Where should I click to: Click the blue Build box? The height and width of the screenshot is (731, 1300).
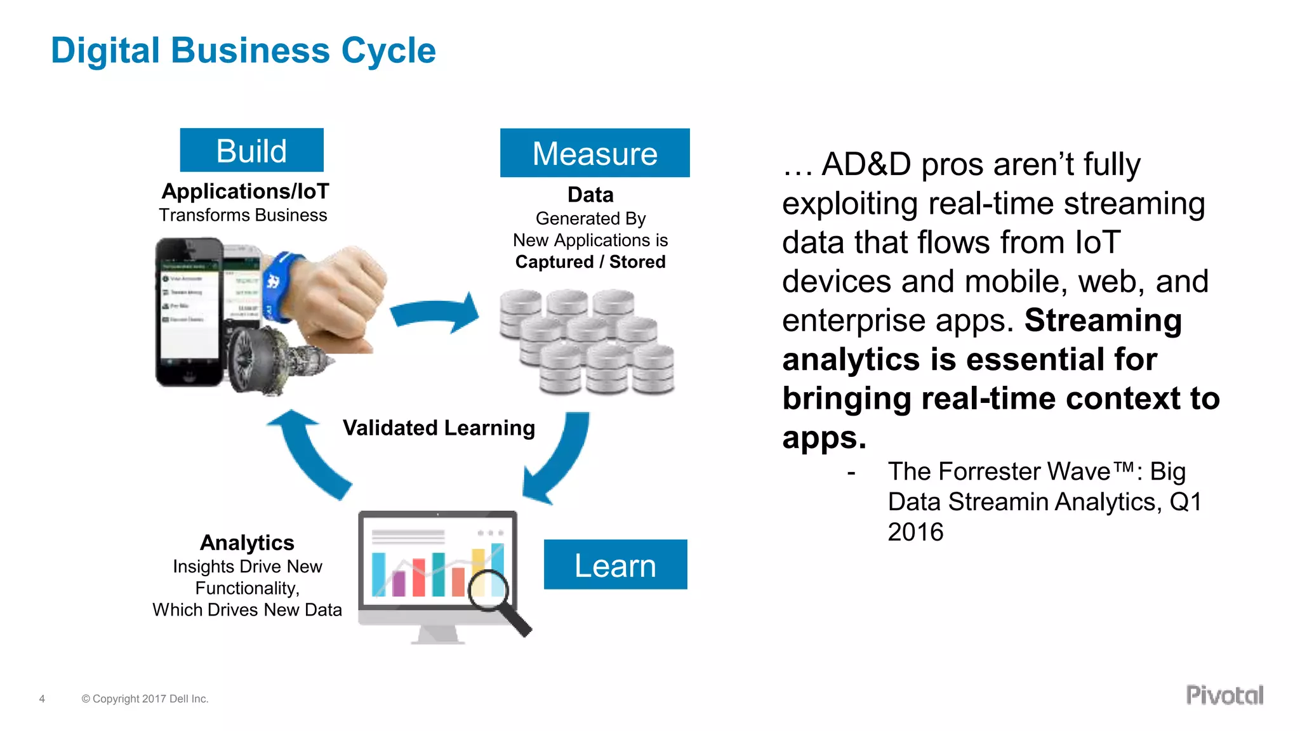click(251, 150)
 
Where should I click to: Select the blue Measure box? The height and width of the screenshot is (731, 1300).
click(594, 153)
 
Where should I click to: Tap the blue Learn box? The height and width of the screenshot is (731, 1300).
click(614, 565)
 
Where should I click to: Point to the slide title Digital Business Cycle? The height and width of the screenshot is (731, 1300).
click(243, 51)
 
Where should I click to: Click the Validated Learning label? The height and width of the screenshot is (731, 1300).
click(439, 428)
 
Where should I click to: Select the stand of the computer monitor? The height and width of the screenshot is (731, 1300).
click(438, 635)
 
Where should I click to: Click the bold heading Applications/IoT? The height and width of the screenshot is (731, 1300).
click(246, 192)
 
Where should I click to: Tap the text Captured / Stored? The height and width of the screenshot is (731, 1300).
click(590, 262)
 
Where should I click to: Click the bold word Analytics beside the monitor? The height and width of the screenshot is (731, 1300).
click(247, 543)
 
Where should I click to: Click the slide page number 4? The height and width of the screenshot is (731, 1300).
click(42, 699)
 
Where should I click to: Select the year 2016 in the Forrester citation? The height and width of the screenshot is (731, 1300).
click(915, 532)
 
